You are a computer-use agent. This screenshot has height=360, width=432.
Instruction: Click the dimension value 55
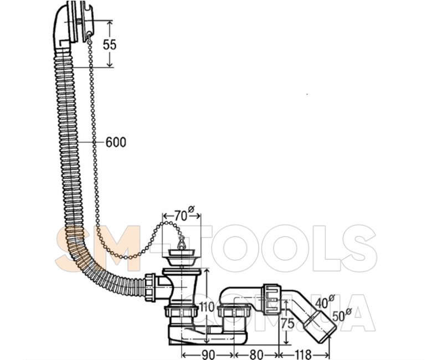coord(110,45)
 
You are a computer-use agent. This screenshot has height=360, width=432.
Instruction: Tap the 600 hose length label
coord(116,142)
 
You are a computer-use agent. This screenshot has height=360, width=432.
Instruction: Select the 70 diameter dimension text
coord(184,215)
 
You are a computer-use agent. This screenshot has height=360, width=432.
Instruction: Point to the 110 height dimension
coord(207,308)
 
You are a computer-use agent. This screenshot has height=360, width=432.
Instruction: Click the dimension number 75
coord(288,324)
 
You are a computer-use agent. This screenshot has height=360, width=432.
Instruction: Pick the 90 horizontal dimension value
coord(208,354)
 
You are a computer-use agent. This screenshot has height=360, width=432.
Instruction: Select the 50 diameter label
coord(342,315)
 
